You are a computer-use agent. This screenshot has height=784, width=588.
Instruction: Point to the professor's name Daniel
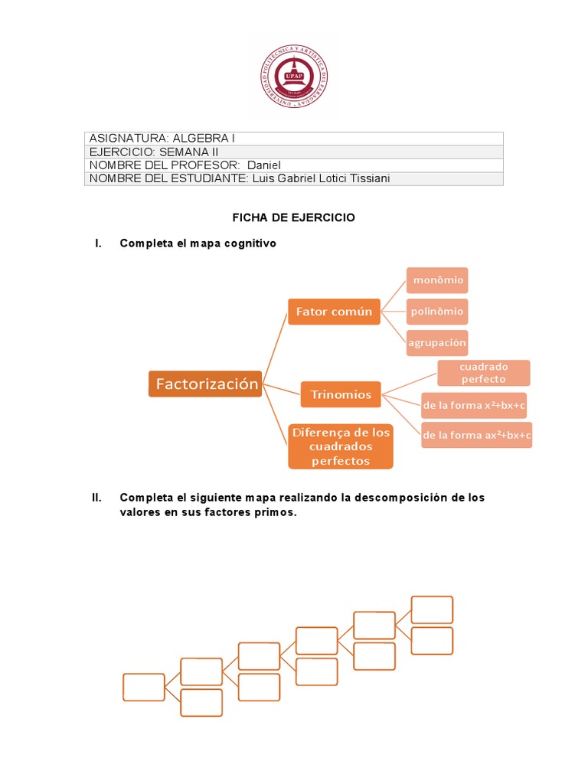[264, 165]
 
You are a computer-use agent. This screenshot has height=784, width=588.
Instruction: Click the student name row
[293, 178]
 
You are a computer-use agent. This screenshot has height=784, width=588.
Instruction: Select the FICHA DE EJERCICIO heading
[294, 218]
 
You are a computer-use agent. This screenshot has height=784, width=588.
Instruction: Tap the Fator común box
[334, 312]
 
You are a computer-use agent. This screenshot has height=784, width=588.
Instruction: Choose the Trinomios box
[341, 395]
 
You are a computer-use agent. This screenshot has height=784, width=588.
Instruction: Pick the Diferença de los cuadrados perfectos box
[341, 446]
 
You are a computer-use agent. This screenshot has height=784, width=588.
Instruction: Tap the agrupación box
[437, 342]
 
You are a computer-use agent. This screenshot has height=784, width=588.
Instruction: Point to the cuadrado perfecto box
[483, 373]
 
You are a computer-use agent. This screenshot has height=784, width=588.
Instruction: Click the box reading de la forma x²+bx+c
[475, 405]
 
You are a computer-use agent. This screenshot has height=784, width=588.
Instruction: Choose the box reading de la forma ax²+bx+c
[477, 436]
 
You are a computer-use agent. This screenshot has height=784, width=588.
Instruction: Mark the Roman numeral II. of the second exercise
[96, 498]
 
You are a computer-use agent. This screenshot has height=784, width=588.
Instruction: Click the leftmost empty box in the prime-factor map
[144, 687]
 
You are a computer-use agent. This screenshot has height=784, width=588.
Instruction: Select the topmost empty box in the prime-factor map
[432, 609]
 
